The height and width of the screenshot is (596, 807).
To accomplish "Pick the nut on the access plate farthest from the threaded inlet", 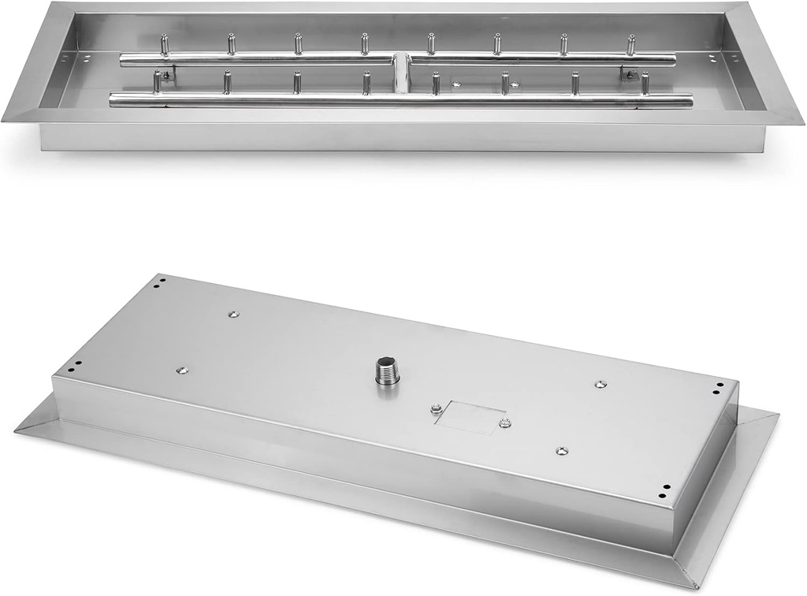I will pos(504,423).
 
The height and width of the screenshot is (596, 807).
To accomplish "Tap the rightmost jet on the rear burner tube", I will pos(631,44).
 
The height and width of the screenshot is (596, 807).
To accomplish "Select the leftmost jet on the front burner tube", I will pos(157,80).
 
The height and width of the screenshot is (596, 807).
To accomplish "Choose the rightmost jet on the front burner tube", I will pos(645,83).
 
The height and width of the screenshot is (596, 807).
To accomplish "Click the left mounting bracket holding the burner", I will pos(168,76).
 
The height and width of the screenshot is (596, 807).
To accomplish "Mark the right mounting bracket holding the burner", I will pos(629,74).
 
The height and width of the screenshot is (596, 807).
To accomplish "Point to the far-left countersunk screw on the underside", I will pos(181,369).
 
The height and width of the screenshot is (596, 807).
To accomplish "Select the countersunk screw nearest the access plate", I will pos(560,450).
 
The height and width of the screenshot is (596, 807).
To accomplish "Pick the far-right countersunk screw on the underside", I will pos(600,384).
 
